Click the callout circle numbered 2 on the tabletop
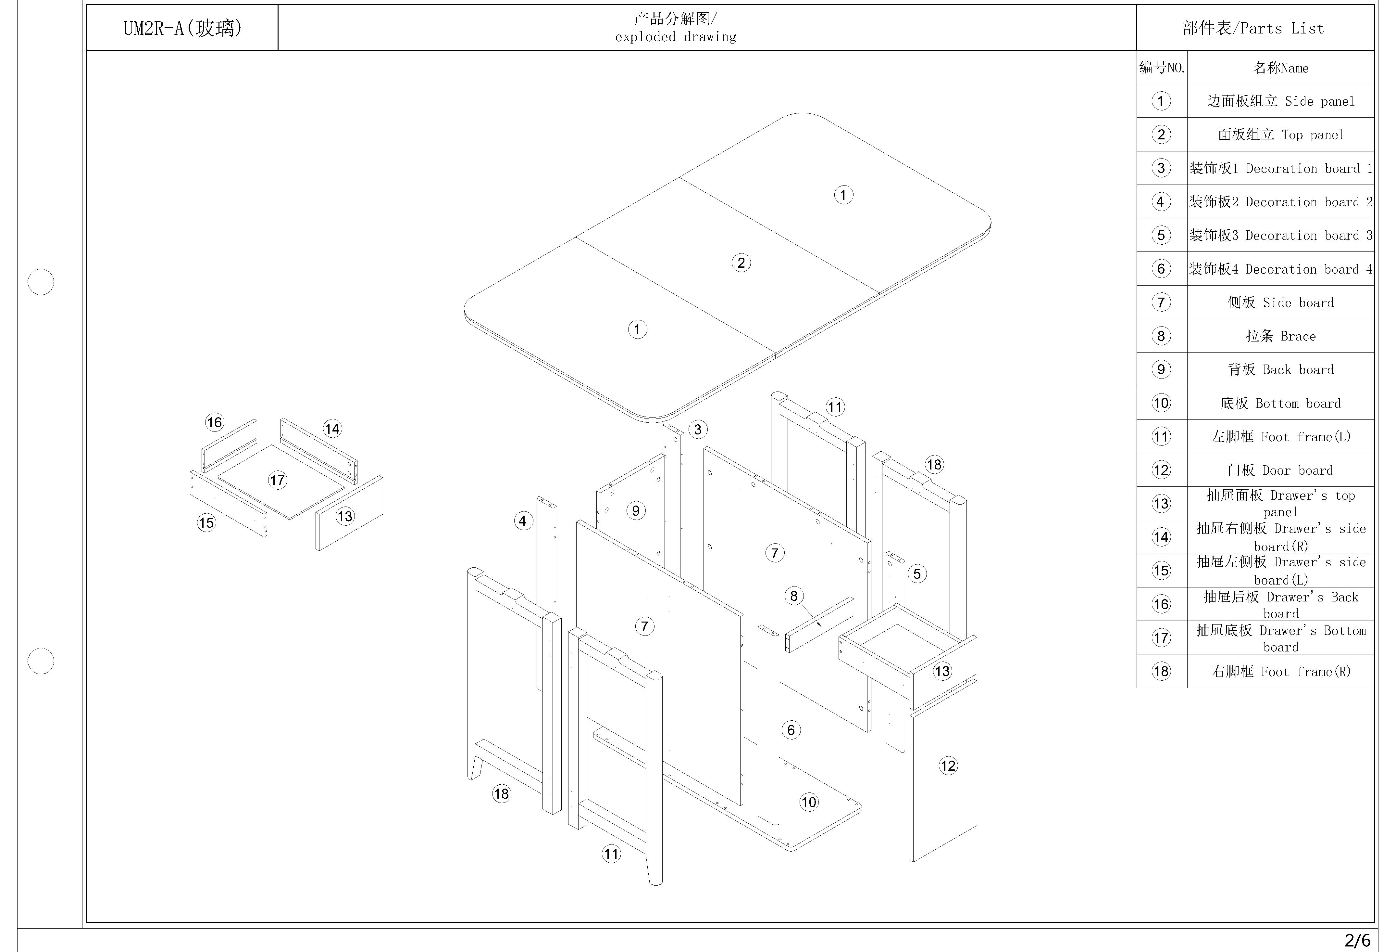click(x=741, y=263)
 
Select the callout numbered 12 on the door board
click(x=948, y=766)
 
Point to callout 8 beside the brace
click(x=793, y=596)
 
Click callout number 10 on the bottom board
click(x=808, y=802)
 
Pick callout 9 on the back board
click(x=636, y=511)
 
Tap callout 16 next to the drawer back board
click(x=215, y=422)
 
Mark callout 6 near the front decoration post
click(x=791, y=730)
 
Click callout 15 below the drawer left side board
click(x=206, y=523)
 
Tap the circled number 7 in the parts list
click(x=1161, y=302)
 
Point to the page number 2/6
click(x=1357, y=940)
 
